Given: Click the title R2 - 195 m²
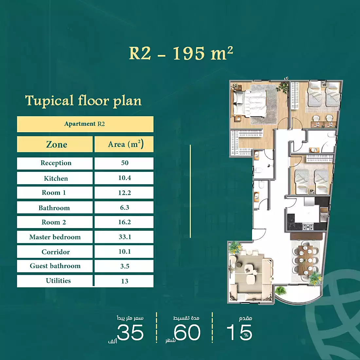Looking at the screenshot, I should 181,53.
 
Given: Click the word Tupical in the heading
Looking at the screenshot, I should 49,101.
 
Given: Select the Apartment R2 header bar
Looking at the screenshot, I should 85,124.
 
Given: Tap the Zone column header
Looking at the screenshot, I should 56,144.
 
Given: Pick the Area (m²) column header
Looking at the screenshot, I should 125,144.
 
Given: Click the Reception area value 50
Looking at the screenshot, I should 125,163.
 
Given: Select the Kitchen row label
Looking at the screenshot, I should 56,178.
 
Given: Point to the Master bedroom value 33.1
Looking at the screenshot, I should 125,237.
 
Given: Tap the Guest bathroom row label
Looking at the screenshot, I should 55,266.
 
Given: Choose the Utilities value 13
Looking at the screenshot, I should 125,281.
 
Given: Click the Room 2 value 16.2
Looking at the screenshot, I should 124,222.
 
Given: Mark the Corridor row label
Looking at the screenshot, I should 56,252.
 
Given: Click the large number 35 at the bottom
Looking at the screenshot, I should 130,333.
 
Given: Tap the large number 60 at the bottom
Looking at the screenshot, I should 187,333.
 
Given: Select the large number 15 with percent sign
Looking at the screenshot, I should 239,333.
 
